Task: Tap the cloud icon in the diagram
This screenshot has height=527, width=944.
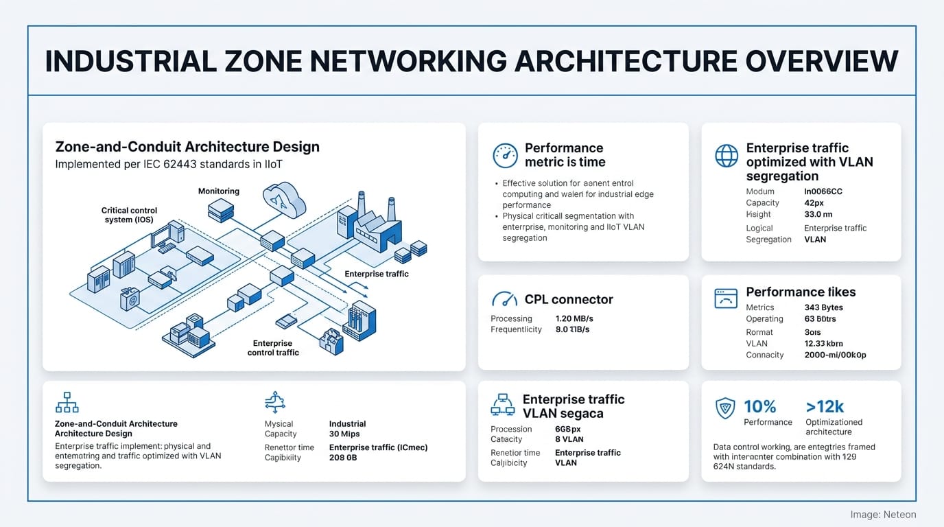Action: pyautogui.click(x=283, y=199)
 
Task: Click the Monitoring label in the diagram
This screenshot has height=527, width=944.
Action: pyautogui.click(x=219, y=191)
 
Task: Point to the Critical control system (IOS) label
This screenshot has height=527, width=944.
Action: pyautogui.click(x=129, y=215)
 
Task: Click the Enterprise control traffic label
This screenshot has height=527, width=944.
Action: pyautogui.click(x=273, y=348)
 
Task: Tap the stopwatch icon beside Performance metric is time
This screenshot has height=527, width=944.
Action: pyautogui.click(x=506, y=156)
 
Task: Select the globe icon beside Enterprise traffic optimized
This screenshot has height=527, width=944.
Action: pyautogui.click(x=727, y=156)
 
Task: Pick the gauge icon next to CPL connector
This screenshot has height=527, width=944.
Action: pyautogui.click(x=505, y=300)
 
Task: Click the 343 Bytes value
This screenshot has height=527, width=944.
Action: pyautogui.click(x=823, y=307)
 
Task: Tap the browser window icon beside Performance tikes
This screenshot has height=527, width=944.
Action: pyautogui.click(x=726, y=298)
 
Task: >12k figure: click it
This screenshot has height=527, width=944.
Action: pyautogui.click(x=825, y=406)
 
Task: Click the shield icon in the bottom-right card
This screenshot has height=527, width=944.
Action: pyautogui.click(x=725, y=408)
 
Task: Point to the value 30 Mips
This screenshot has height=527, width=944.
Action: pyautogui.click(x=344, y=434)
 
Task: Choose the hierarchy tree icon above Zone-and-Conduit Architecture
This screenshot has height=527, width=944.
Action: pyautogui.click(x=67, y=402)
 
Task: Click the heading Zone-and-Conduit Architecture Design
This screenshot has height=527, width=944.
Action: pyautogui.click(x=187, y=147)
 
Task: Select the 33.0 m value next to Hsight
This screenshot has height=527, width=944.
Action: pyautogui.click(x=818, y=214)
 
